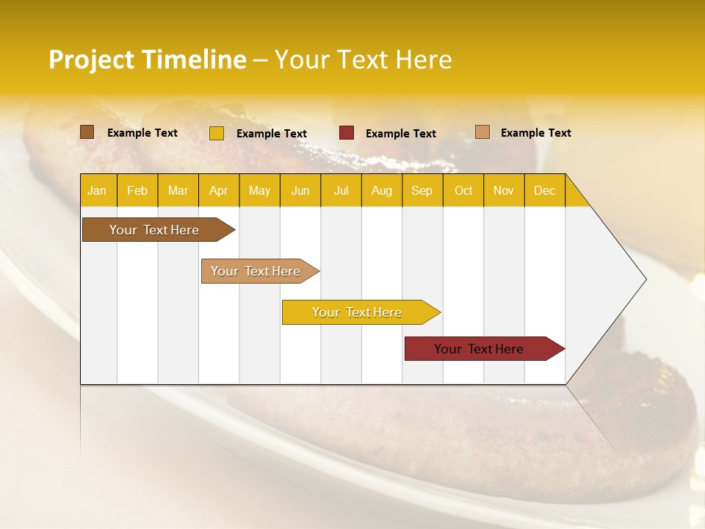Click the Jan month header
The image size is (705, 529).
97,190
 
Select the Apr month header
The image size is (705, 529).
218,190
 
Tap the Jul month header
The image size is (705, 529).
341,190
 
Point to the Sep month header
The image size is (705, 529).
422,190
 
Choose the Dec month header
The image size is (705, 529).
544,190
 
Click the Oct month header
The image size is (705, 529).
463,190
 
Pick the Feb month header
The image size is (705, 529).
137,190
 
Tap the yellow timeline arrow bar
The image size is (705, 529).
358,312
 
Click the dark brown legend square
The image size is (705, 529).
87,132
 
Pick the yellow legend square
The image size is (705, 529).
216,133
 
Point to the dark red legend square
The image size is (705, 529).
347,133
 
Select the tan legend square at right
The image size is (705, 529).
482,132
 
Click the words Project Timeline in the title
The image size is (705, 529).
147,60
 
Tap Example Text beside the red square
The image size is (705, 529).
400,134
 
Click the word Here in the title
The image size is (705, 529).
424,60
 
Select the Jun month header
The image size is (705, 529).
300,190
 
